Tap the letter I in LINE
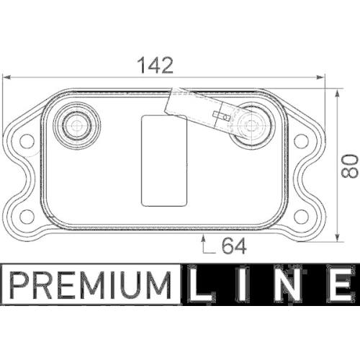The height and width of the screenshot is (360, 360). coord(243,284)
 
